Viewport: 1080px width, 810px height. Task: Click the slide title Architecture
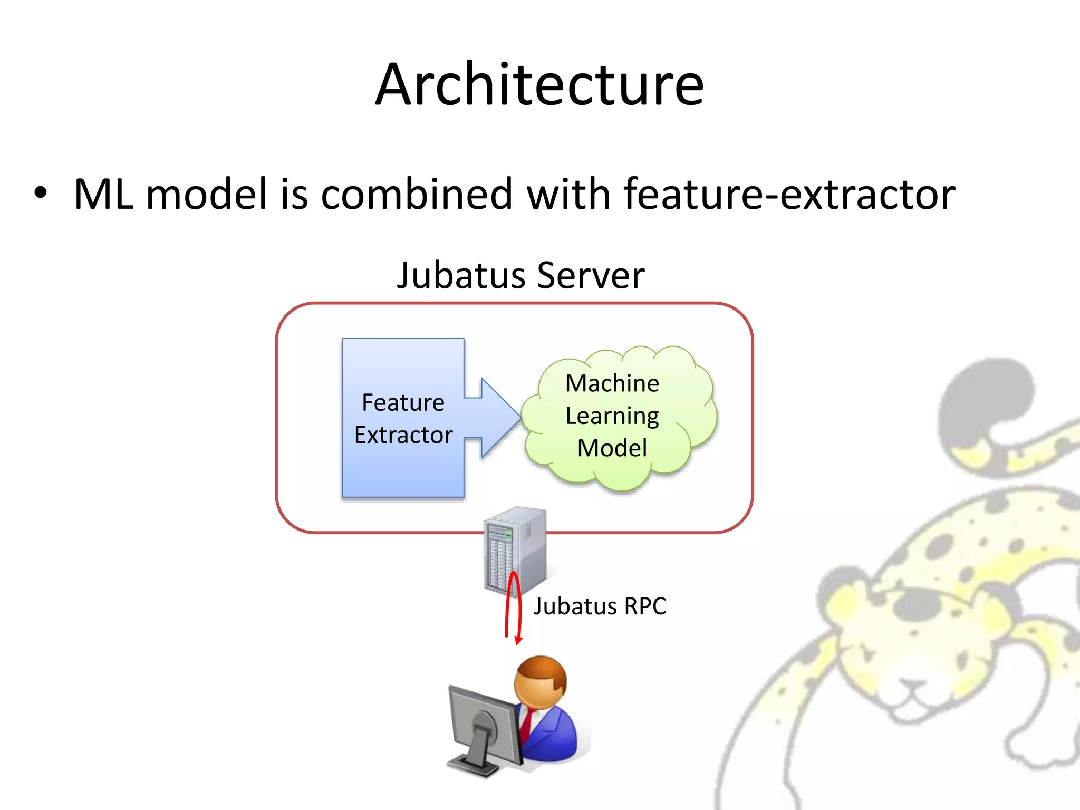(539, 84)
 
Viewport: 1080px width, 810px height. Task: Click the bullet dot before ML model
(41, 193)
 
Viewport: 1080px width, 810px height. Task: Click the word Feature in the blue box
(403, 402)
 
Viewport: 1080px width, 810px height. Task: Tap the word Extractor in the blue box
(403, 435)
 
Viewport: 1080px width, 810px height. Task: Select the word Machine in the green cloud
(612, 383)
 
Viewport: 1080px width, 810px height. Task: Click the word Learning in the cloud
(612, 416)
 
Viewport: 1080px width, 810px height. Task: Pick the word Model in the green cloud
(612, 448)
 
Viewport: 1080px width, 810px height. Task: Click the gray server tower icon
(514, 548)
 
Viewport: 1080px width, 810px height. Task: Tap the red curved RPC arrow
(513, 606)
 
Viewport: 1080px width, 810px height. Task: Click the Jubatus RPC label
(600, 606)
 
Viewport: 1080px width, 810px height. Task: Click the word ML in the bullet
(103, 194)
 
